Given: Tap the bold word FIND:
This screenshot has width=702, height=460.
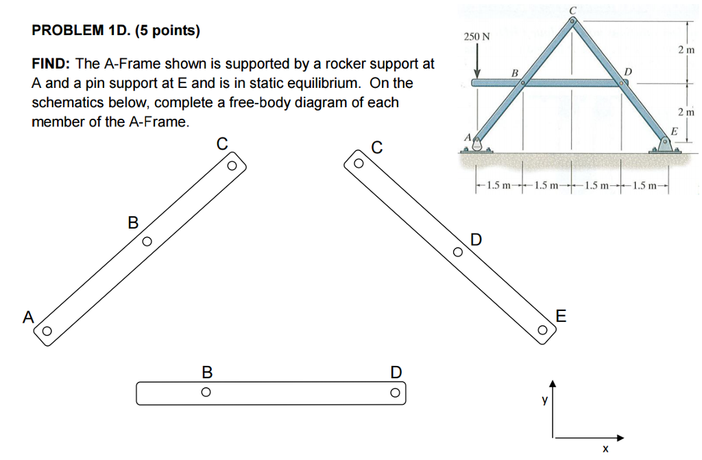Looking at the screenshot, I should [51, 64].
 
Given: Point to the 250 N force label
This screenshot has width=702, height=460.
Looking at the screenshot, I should [476, 36].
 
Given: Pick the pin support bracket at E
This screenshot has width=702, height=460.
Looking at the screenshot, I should [666, 145].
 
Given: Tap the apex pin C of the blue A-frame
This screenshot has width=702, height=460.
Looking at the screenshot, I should [572, 21].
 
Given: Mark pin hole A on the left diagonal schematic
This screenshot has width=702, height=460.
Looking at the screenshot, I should [47, 331].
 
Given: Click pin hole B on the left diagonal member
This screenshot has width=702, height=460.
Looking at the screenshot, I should [147, 242].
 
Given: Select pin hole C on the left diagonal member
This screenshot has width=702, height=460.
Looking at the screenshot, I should [232, 165].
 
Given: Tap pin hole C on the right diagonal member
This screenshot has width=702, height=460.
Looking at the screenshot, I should [357, 164].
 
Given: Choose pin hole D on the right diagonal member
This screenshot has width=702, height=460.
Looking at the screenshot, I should [458, 253].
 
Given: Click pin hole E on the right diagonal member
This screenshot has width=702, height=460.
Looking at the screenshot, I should [542, 330].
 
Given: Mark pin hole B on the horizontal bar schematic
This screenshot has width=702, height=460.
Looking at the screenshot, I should [205, 393].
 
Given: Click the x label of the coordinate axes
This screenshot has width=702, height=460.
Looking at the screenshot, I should [604, 450].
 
